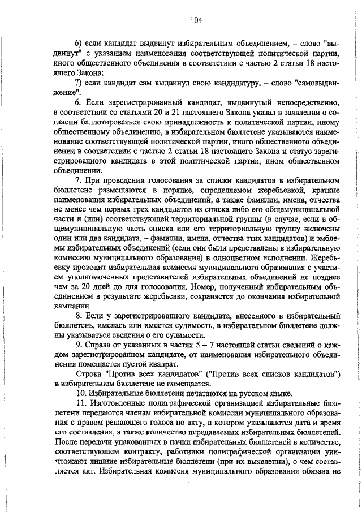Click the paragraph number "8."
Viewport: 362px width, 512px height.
pos(79,315)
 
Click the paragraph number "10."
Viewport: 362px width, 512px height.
pos(81,393)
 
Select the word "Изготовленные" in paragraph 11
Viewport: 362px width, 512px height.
pos(120,402)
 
